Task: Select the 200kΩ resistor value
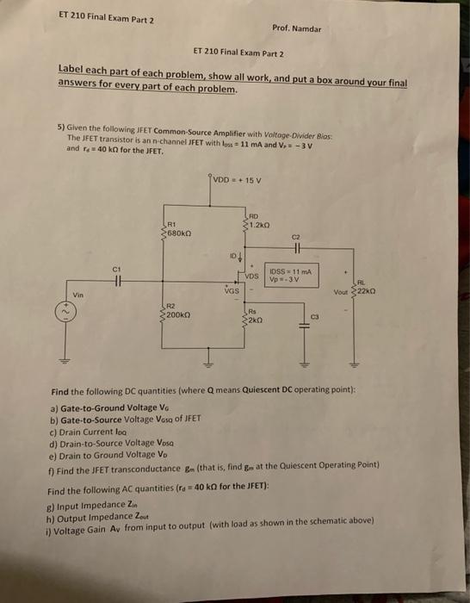(179, 316)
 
